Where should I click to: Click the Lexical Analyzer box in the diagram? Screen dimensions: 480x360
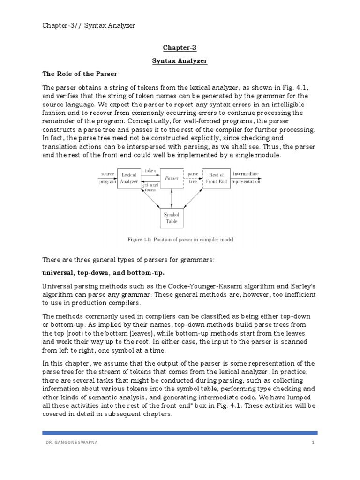point(129,178)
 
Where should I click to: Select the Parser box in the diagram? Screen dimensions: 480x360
point(172,178)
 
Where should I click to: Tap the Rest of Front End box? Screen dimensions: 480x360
point(216,178)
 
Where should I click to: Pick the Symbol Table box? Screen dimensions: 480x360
point(172,217)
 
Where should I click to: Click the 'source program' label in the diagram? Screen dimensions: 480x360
point(107,178)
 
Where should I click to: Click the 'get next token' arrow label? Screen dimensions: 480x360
point(150,187)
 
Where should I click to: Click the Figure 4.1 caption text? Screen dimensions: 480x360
point(180,240)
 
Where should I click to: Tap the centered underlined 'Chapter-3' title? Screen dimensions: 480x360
point(180,48)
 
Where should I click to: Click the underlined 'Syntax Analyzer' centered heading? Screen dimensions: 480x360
point(180,61)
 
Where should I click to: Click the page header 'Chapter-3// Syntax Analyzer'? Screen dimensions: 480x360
point(89,25)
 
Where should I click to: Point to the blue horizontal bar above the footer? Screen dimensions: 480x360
point(180,433)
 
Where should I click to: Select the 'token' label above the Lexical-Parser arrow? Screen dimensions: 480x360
point(150,171)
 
